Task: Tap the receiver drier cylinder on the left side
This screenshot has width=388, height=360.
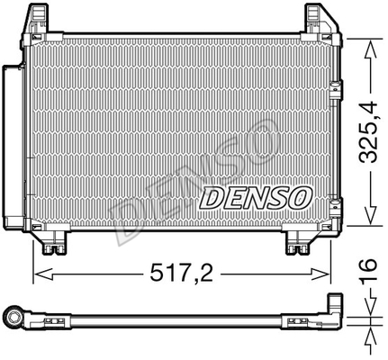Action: click(x=14, y=144)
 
